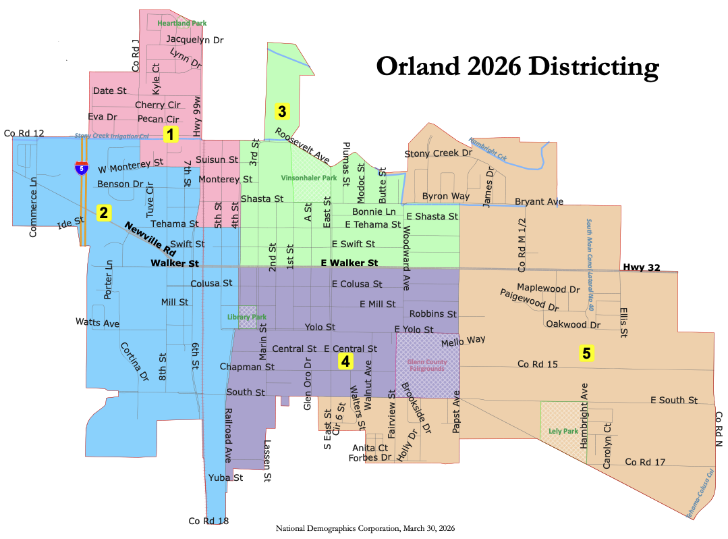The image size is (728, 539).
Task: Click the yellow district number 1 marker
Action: (x=171, y=134)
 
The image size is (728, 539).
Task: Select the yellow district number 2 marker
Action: (x=103, y=213)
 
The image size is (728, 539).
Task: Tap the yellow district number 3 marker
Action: (x=282, y=110)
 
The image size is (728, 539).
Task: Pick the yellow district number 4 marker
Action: (x=345, y=361)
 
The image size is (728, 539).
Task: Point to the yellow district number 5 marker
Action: (x=586, y=352)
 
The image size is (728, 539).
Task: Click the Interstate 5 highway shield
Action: (x=81, y=168)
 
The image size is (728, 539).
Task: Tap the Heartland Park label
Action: (x=181, y=23)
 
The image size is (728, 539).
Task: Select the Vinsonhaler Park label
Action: (x=308, y=178)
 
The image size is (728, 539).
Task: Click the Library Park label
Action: (x=246, y=317)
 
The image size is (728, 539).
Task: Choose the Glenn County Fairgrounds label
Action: (x=426, y=365)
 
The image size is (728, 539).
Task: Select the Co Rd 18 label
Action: (x=208, y=521)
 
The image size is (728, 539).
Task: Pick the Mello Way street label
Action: (x=463, y=342)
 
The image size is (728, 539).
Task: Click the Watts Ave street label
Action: (x=97, y=323)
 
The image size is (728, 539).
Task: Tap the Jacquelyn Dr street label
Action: (x=194, y=40)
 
